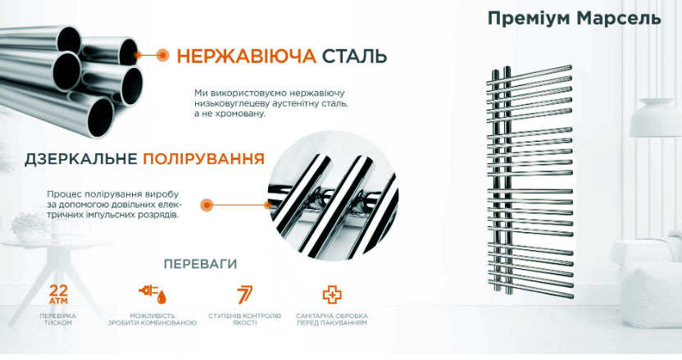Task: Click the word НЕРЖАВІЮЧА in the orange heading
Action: tap(246, 56)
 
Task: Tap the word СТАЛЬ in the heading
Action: tap(354, 56)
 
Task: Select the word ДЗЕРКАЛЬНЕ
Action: tap(81, 159)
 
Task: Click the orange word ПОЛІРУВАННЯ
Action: tap(203, 159)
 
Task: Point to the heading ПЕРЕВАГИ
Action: tap(201, 264)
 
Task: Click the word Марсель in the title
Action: tap(619, 18)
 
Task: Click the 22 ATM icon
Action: tap(58, 294)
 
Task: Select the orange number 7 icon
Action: tap(244, 294)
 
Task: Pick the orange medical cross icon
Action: tap(332, 294)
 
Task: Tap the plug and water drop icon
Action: tap(152, 294)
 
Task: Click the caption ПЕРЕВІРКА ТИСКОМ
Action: tap(58, 319)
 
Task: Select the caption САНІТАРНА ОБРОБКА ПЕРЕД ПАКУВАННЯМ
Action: tap(332, 319)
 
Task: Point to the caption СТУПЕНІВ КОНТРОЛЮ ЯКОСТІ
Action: tap(244, 319)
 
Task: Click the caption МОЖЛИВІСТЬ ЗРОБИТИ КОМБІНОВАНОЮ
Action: tap(152, 319)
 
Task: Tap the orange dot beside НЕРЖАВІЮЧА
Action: tap(162, 55)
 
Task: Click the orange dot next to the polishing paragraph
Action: tap(207, 204)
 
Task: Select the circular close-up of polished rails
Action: tap(334, 195)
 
